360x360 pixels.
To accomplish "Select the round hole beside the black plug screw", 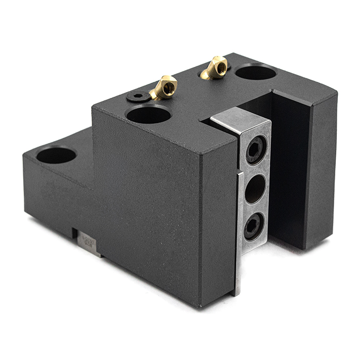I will point(149,114).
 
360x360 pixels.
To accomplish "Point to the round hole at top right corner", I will point(256,72).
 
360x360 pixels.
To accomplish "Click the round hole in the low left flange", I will point(56,155).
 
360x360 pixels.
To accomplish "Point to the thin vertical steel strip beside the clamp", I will point(238,231).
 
